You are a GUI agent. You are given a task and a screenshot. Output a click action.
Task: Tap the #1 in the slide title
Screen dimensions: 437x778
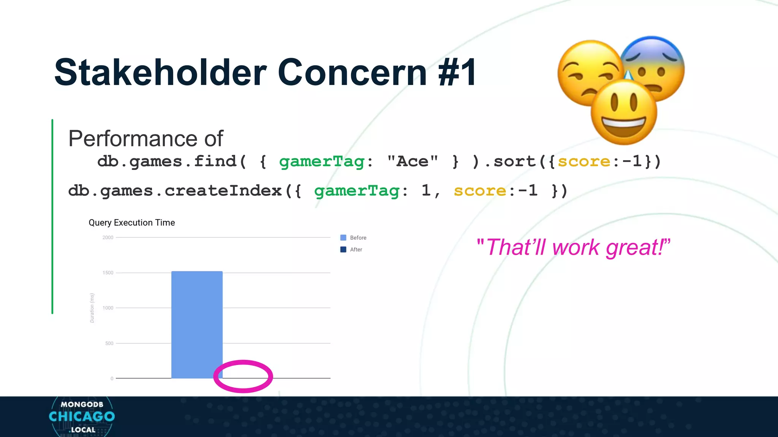tap(457, 72)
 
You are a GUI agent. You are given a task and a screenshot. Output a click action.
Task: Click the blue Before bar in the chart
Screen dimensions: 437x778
tap(197, 324)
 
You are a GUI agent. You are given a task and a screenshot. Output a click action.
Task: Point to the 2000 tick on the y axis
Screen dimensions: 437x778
tap(108, 237)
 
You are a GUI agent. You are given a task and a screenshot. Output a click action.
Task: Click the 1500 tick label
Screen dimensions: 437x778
tap(108, 273)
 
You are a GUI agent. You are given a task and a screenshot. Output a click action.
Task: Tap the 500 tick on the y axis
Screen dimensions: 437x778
tap(109, 343)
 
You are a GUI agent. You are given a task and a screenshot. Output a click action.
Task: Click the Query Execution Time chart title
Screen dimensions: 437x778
tap(132, 223)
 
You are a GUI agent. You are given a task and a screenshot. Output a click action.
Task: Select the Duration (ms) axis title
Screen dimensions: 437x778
tap(92, 308)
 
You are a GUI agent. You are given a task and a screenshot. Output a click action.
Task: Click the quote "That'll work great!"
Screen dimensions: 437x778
tap(573, 247)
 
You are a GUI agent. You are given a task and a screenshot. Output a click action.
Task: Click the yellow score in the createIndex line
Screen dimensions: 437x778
tap(480, 191)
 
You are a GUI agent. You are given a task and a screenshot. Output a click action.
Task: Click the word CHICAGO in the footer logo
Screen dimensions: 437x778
tap(82, 417)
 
